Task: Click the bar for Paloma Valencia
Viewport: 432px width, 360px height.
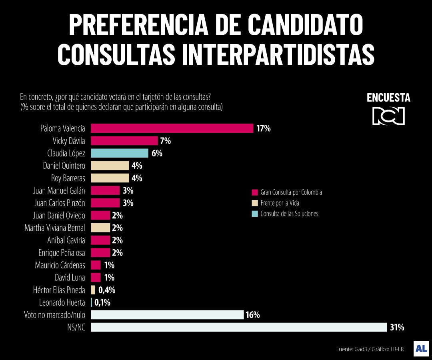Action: pyautogui.click(x=172, y=128)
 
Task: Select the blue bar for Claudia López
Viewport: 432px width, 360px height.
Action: pyautogui.click(x=120, y=153)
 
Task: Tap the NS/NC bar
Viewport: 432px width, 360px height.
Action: pyautogui.click(x=239, y=327)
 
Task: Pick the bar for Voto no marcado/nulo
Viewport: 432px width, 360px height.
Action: pyautogui.click(x=167, y=315)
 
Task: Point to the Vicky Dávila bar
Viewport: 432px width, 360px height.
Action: pyautogui.click(x=124, y=141)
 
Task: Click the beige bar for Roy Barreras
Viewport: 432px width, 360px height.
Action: pyautogui.click(x=110, y=178)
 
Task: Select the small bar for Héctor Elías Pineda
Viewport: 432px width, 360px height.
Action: pyautogui.click(x=93, y=290)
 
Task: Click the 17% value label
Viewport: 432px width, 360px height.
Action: pyautogui.click(x=264, y=128)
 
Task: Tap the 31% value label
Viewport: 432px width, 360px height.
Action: pyautogui.click(x=397, y=327)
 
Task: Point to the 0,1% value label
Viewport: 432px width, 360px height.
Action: pyautogui.click(x=102, y=302)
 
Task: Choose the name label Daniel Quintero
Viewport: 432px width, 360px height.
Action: pyautogui.click(x=64, y=166)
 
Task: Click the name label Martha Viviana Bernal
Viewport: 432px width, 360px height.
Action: pyautogui.click(x=55, y=228)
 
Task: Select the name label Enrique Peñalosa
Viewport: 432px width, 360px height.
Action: pyautogui.click(x=62, y=253)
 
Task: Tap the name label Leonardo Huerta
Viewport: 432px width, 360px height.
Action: pyautogui.click(x=62, y=302)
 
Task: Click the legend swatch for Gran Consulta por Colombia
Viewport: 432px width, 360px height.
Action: pyautogui.click(x=255, y=192)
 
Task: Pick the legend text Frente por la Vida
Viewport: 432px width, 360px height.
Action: pyautogui.click(x=280, y=203)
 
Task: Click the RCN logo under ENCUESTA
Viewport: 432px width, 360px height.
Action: pyautogui.click(x=388, y=116)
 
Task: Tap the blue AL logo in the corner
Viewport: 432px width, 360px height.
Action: pyautogui.click(x=421, y=348)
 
